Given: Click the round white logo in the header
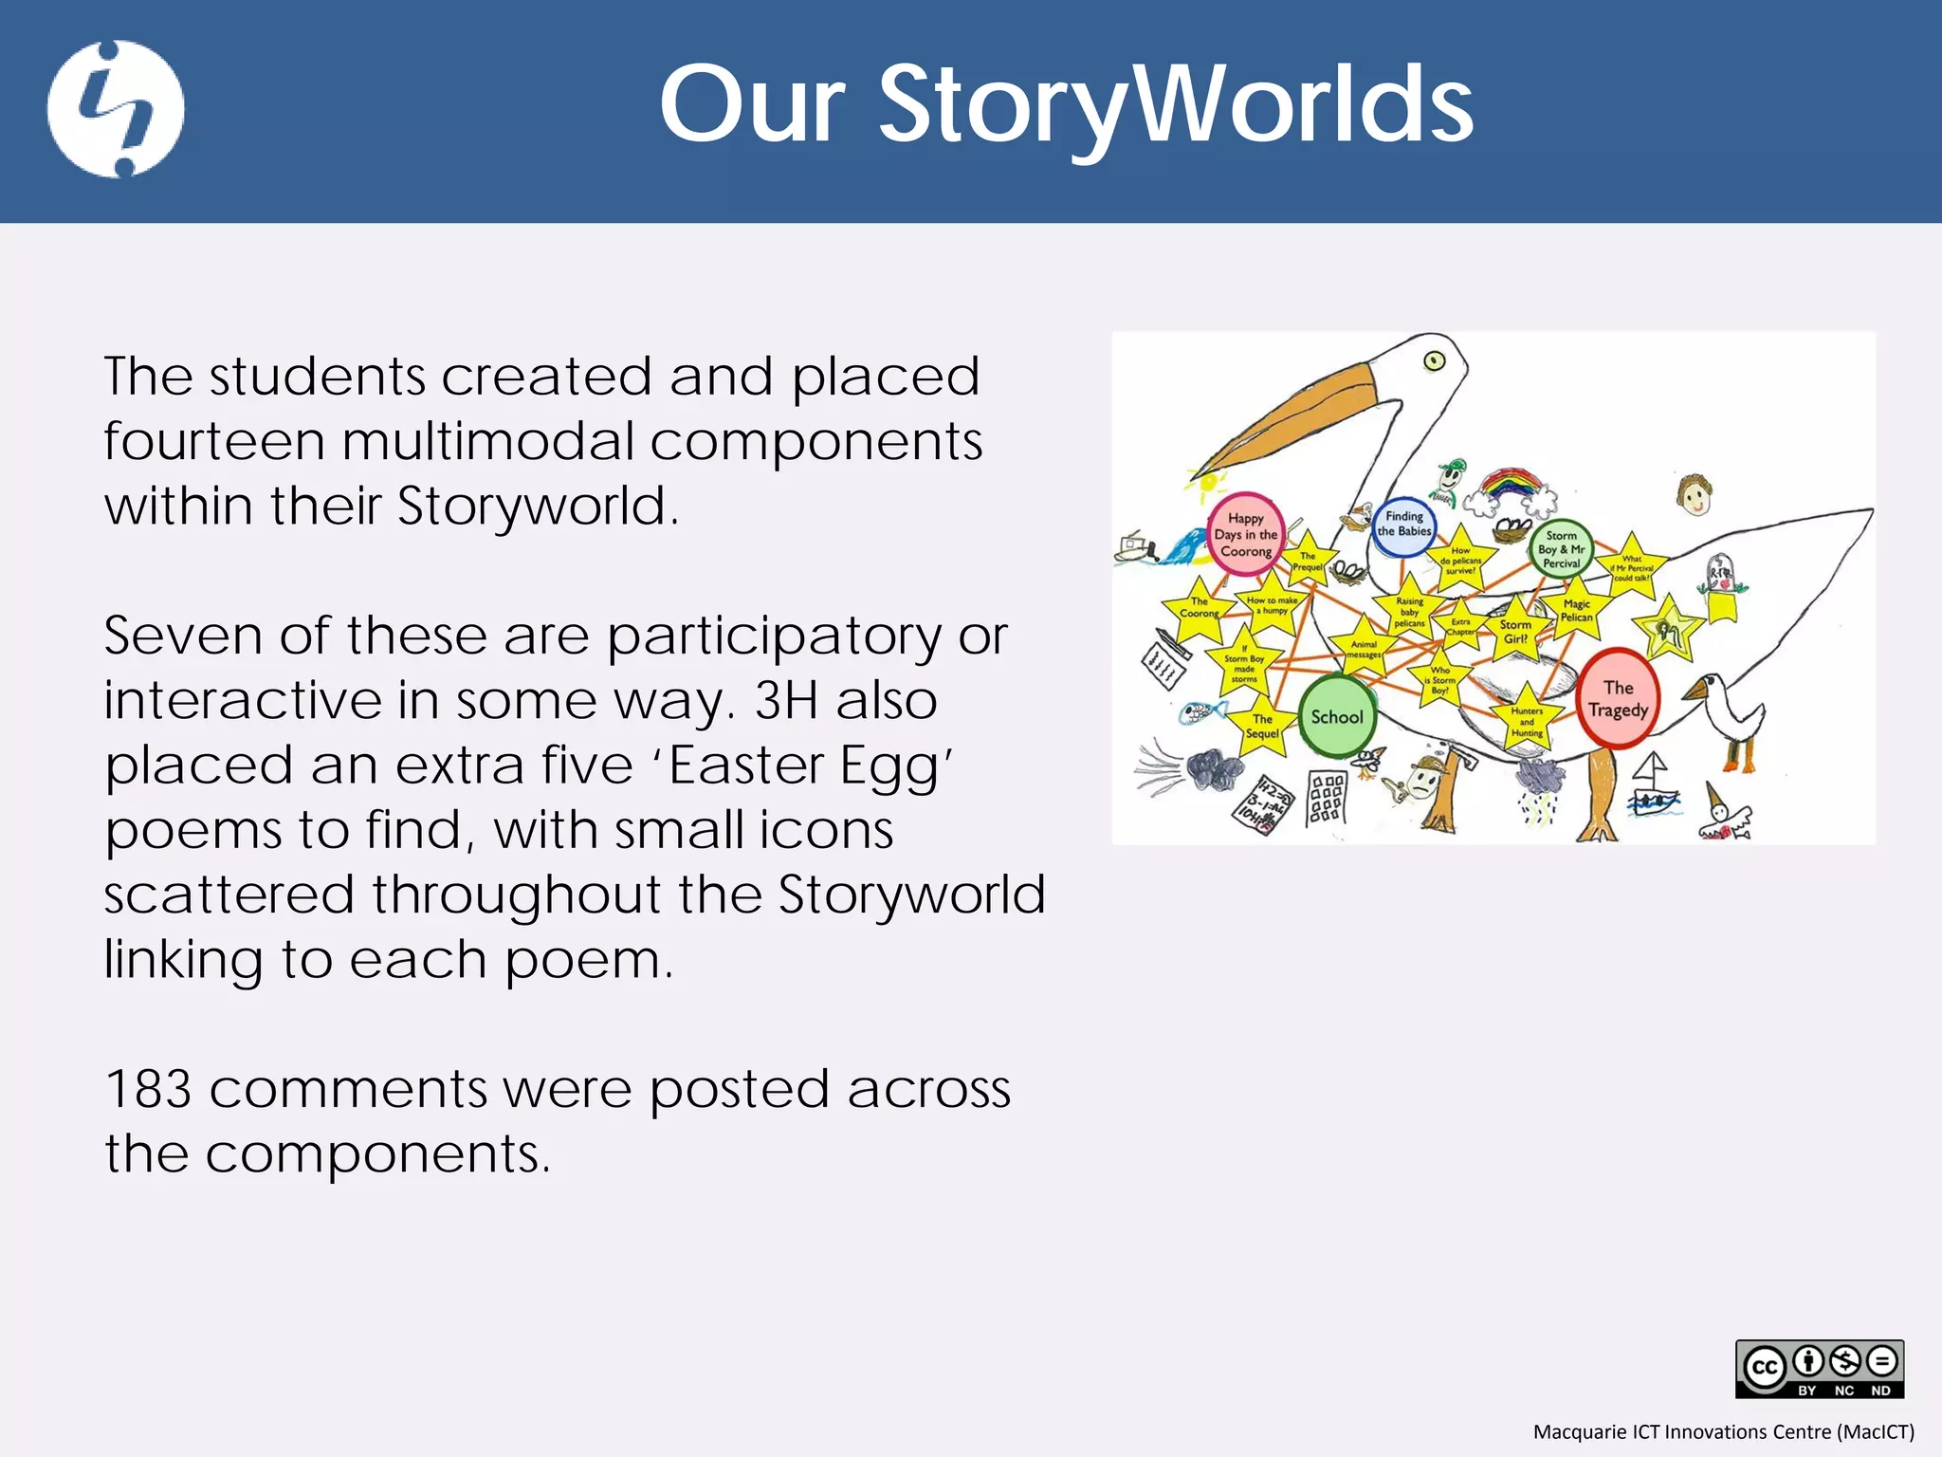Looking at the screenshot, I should click(x=116, y=109).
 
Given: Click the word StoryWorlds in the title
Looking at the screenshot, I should click(x=1176, y=104).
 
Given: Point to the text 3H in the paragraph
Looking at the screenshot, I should click(x=786, y=701).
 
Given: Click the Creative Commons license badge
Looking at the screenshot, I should click(x=1819, y=1369).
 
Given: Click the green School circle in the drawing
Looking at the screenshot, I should click(x=1336, y=717).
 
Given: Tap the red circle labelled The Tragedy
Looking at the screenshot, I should click(x=1619, y=699).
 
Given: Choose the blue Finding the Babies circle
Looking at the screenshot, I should click(x=1403, y=525).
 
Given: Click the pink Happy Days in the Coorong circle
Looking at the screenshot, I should click(x=1246, y=534).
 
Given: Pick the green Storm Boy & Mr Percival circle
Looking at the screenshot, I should click(x=1561, y=549).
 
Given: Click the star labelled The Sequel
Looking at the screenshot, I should click(x=1262, y=727).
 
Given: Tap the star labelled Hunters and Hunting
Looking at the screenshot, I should click(x=1527, y=721).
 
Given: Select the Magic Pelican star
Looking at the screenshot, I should click(x=1577, y=610).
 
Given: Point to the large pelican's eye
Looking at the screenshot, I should click(x=1434, y=360).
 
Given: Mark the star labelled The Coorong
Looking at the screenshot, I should click(x=1199, y=607).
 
